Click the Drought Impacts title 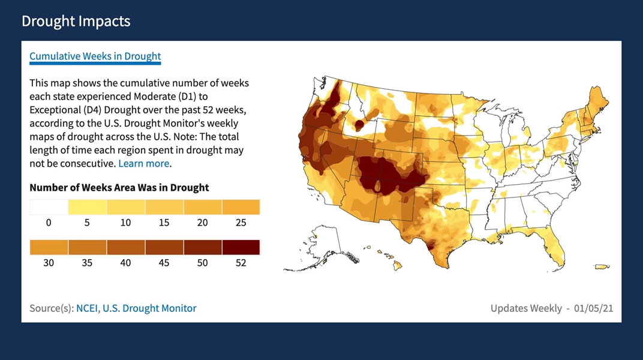point(76,22)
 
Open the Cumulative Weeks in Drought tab point(95,56)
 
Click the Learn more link point(144,163)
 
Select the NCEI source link point(87,308)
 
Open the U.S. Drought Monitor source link point(149,308)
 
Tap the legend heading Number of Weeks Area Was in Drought point(119,187)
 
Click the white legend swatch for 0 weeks point(49,207)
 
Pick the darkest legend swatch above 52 point(241,247)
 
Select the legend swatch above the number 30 point(49,247)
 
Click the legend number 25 point(241,223)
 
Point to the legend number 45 point(164,263)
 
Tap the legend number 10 point(125,223)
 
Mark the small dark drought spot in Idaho point(360,125)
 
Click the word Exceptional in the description point(57,110)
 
